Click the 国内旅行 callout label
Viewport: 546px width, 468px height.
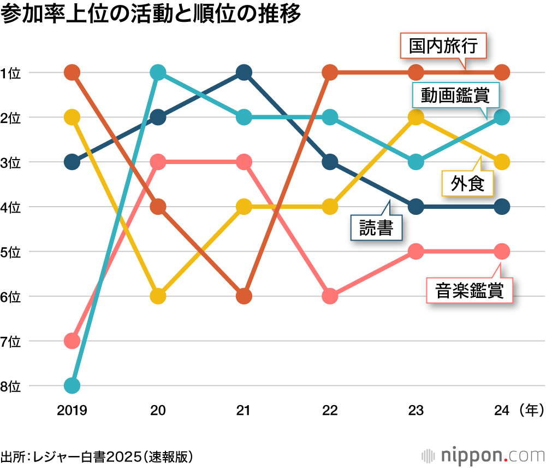pos(444,46)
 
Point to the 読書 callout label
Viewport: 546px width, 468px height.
pos(376,227)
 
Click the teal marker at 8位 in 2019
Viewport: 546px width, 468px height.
pos(72,386)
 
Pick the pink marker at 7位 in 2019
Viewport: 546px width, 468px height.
pos(72,341)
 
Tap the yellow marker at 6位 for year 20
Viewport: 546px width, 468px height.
pos(158,296)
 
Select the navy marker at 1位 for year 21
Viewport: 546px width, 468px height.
pos(244,72)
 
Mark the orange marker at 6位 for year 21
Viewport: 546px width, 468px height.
pos(244,296)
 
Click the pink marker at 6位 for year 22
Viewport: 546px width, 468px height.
pos(330,296)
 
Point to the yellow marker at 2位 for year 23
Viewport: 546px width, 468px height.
pos(416,117)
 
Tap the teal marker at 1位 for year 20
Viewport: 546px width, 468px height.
pos(158,72)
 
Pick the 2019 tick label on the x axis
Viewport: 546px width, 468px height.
pos(72,410)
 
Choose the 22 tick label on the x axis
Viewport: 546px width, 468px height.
pos(330,410)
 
